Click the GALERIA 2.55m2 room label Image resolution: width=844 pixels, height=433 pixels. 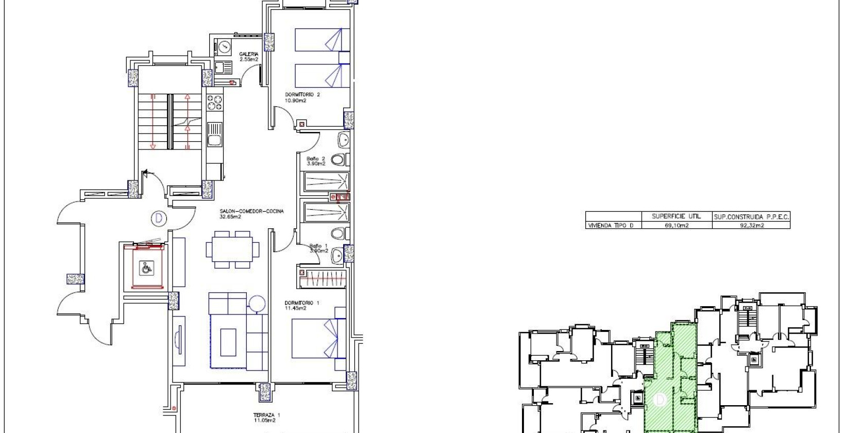click(x=249, y=57)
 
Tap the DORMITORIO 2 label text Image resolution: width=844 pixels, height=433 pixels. click(x=302, y=97)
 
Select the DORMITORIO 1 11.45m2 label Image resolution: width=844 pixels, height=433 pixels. click(x=302, y=306)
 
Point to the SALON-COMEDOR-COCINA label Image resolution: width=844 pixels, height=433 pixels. click(x=251, y=214)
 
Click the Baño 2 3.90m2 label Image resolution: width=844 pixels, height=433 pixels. click(x=316, y=161)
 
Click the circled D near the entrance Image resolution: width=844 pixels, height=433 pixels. click(x=159, y=219)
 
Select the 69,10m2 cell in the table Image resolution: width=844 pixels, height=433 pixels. click(x=676, y=225)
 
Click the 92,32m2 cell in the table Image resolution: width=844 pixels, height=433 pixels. click(x=751, y=225)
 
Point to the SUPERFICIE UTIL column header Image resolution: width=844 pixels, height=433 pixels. click(x=676, y=216)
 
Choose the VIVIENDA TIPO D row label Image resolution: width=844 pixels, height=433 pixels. click(x=610, y=225)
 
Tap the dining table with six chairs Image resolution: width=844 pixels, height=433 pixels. click(x=232, y=249)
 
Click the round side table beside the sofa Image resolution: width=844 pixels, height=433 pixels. click(x=257, y=303)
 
